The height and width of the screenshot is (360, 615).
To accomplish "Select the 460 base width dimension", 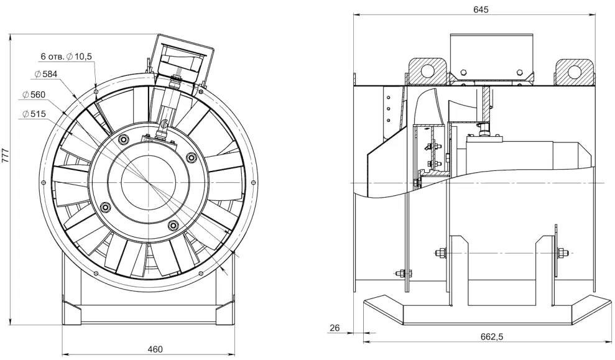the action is [155, 349].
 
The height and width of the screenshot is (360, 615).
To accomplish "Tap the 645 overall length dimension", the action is [481, 9].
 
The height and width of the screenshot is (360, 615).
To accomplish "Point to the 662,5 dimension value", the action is [491, 336].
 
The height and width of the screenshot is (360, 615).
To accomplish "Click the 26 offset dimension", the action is [335, 328].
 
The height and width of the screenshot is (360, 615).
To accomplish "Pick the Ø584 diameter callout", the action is [45, 74].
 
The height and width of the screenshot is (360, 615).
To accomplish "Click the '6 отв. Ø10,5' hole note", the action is [67, 57].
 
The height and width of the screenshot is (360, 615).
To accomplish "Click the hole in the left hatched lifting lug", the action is [428, 71].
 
